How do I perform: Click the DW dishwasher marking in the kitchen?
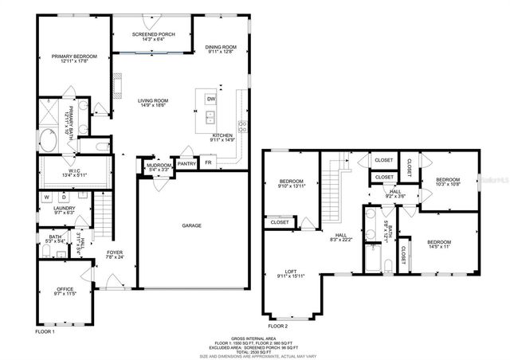coord(210,99)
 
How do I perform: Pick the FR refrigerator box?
coord(209,162)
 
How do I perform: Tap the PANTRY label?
coord(186,163)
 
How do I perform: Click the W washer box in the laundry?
coord(46,197)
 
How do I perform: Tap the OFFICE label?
coord(65,289)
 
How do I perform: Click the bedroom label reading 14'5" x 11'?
coord(438,242)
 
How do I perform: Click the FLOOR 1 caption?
coord(45,331)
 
